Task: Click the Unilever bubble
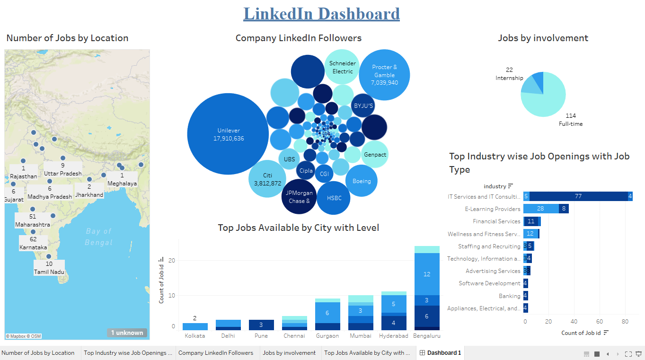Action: point(228,134)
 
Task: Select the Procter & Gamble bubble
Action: point(384,75)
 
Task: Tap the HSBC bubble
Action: point(334,198)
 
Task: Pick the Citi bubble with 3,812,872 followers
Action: point(267,179)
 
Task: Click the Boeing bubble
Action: point(361,181)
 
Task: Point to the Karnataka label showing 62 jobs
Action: point(33,243)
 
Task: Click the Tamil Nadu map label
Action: point(49,268)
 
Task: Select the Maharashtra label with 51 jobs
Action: point(32,220)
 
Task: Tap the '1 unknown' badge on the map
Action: point(127,333)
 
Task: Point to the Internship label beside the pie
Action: point(509,78)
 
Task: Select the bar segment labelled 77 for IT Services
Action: point(578,196)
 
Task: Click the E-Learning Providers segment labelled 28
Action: point(540,209)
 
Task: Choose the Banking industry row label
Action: point(509,296)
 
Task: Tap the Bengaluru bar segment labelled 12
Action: point(427,274)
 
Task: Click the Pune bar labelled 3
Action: point(261,325)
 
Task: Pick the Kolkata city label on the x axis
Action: point(194,336)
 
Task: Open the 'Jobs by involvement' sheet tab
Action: point(289,353)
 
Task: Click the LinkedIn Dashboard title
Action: point(321,13)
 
